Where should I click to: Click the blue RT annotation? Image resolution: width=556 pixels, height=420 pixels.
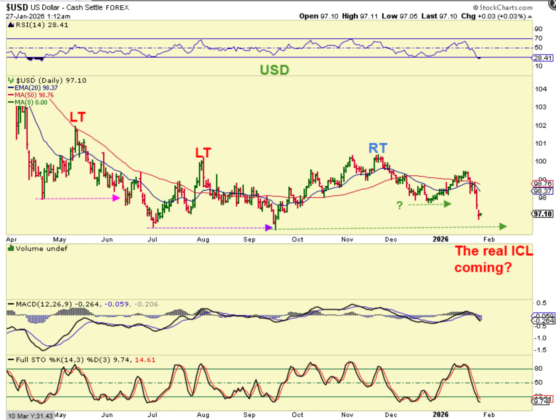point(378,148)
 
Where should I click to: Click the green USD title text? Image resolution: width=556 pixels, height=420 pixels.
point(274,70)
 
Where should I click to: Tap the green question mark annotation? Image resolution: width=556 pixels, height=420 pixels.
point(400,205)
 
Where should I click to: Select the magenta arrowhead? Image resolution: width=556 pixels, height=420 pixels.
point(116,198)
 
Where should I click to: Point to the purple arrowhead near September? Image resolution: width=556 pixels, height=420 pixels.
point(269,227)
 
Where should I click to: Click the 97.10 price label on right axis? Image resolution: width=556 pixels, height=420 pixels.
point(542,214)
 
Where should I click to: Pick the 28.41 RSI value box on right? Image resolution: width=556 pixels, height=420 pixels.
point(543,58)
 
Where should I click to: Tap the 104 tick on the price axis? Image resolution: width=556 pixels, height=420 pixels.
point(540,89)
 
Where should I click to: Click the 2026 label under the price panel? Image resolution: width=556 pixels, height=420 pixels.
point(440,239)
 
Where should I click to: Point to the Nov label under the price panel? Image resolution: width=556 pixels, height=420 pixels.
point(347,239)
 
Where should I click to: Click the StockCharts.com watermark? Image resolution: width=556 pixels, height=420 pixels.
point(502,7)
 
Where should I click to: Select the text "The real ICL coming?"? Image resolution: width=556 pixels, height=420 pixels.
point(494,259)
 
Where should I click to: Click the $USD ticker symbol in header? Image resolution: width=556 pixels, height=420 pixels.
point(17,7)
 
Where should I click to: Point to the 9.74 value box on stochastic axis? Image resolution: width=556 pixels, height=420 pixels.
point(541,401)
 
